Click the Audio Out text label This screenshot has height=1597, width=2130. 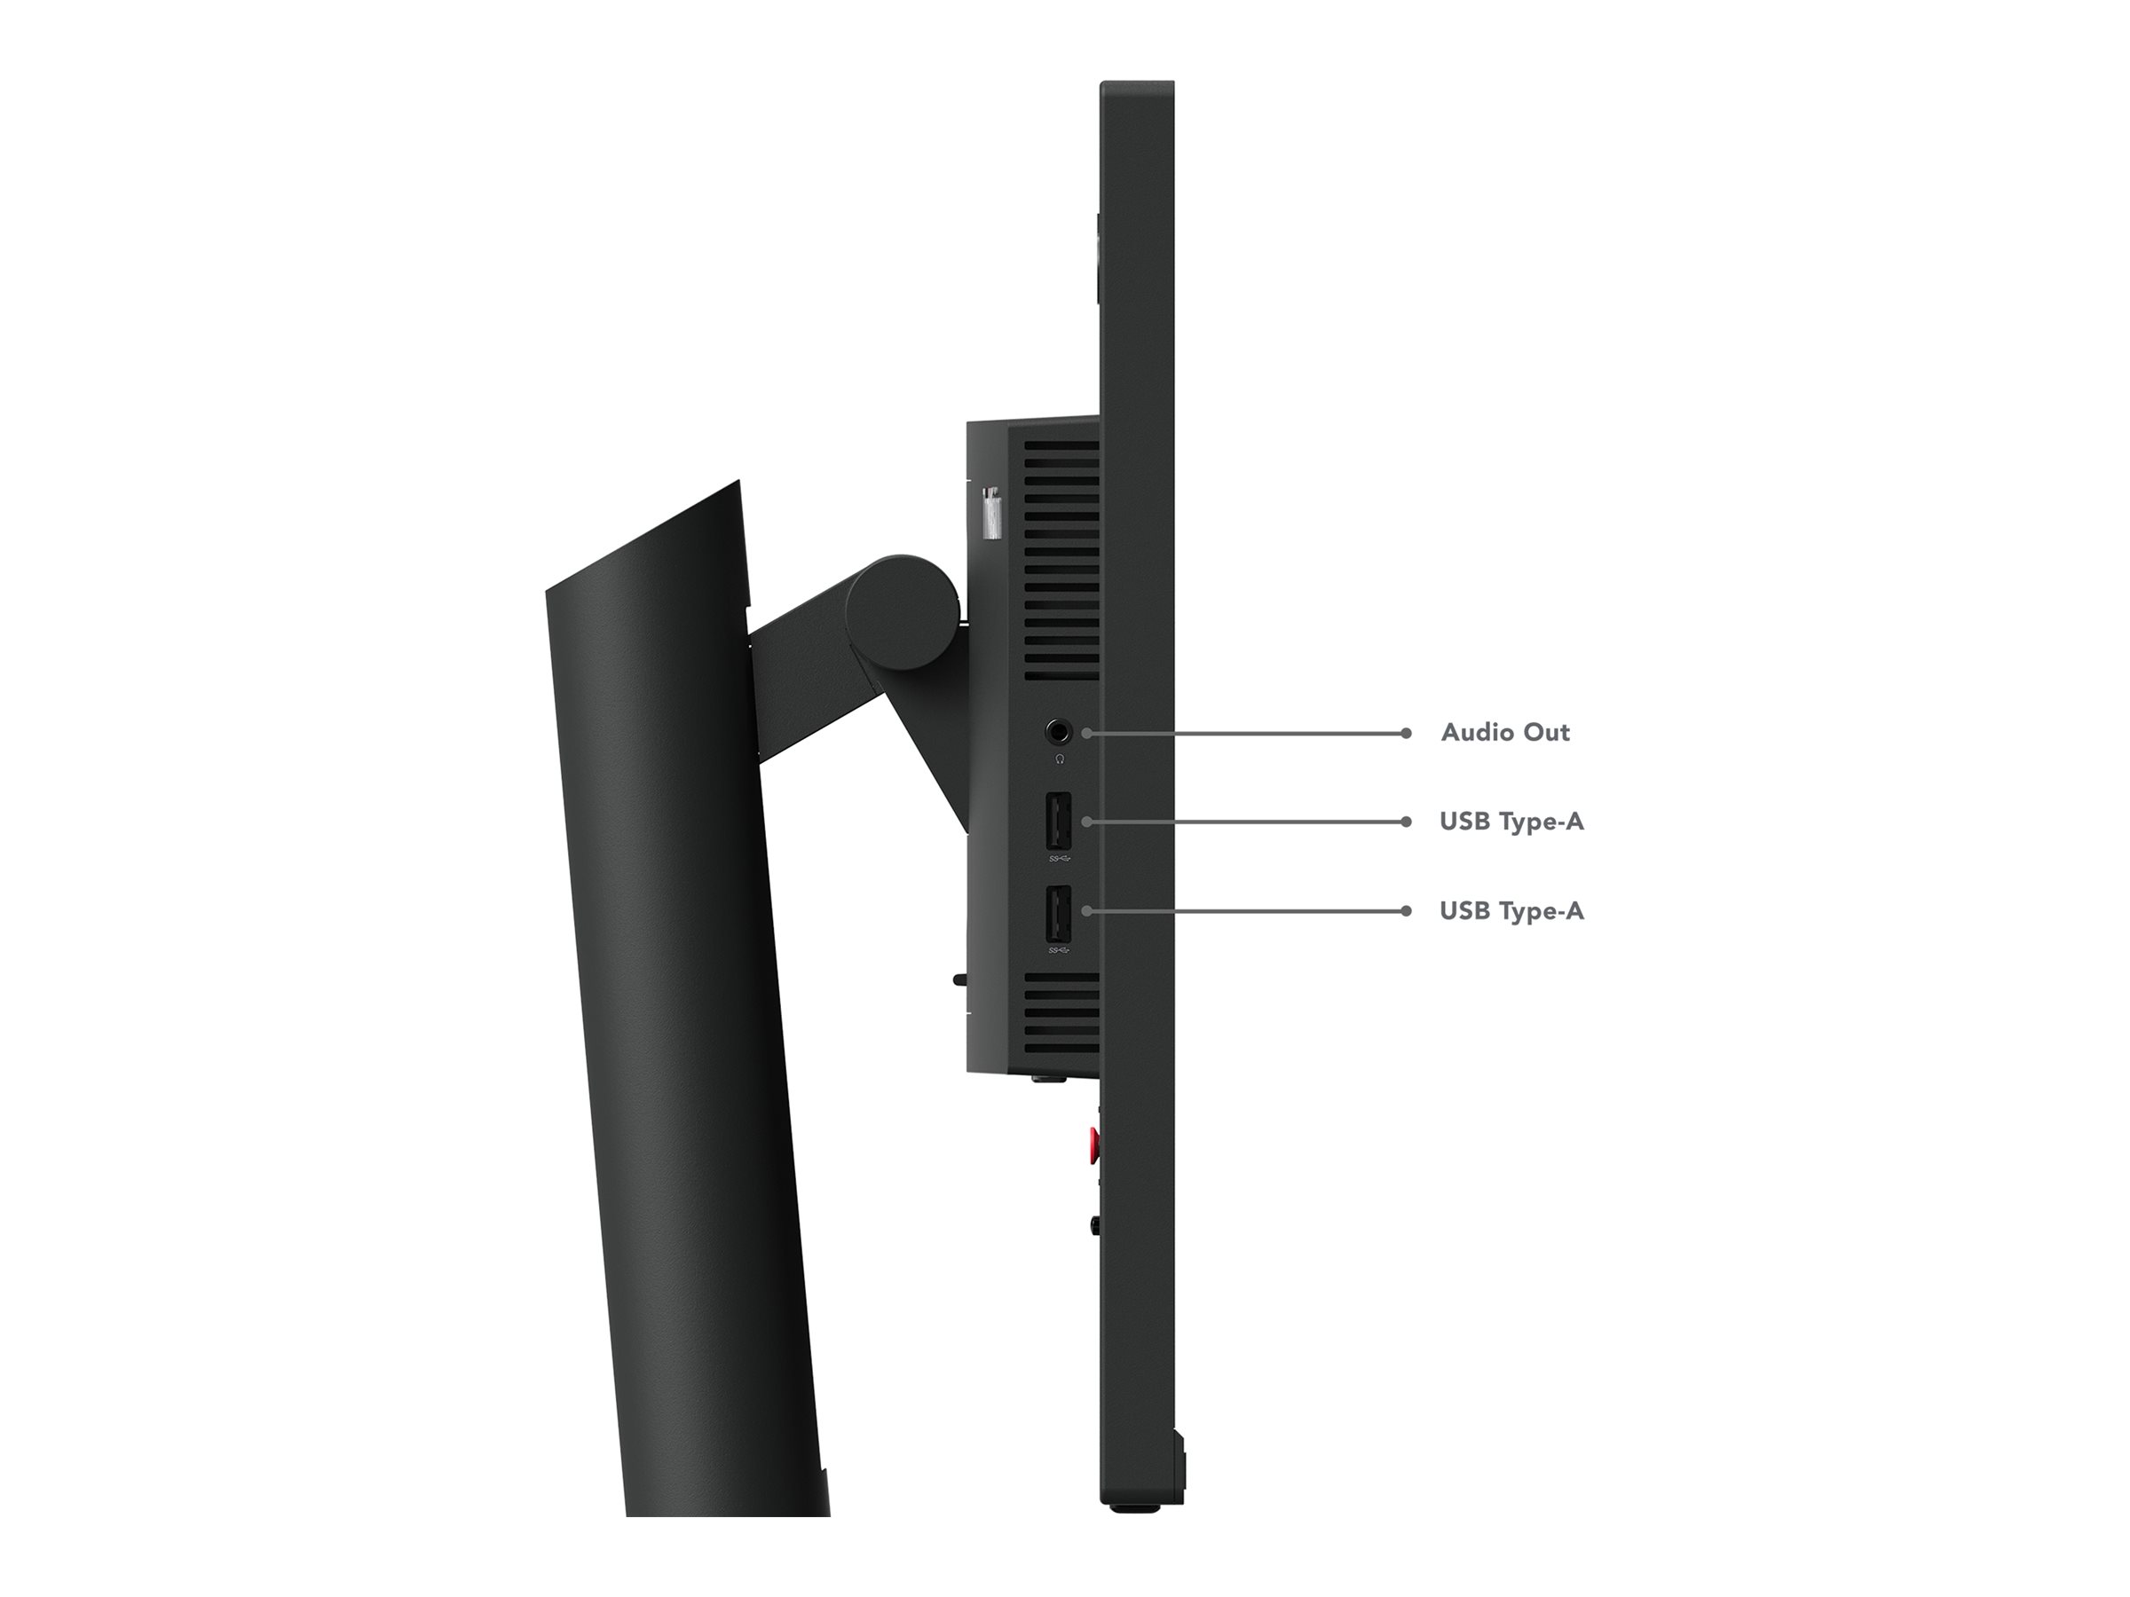coord(1505,733)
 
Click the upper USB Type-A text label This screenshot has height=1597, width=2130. coord(1511,821)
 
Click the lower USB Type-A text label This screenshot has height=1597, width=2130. coord(1511,910)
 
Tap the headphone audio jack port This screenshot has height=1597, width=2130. coord(1059,733)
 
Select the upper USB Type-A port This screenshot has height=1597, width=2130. coord(1058,820)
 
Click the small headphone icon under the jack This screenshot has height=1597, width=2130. coord(1059,759)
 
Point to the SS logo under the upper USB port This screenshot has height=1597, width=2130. coord(1059,858)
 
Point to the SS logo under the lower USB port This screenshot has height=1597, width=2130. coord(1059,950)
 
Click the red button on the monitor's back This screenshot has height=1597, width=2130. coord(1094,1145)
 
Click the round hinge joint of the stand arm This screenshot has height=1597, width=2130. coord(903,612)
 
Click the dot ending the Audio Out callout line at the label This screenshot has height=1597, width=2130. coord(1406,734)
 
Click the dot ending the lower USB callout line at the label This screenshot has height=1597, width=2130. coord(1406,910)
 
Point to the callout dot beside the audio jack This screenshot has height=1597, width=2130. coord(1086,734)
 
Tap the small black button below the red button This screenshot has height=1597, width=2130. coord(1095,1225)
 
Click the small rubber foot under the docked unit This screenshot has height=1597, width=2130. coord(1047,1078)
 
